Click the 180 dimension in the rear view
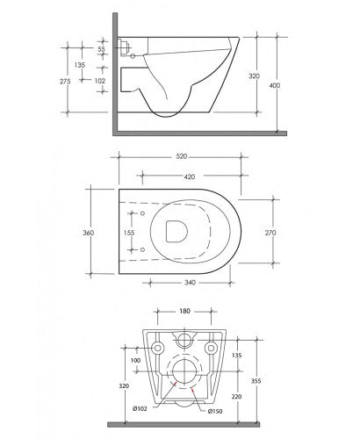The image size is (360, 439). [x=184, y=310]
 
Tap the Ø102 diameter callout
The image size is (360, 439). [x=140, y=408]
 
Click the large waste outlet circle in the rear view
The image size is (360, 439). [x=184, y=373]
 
